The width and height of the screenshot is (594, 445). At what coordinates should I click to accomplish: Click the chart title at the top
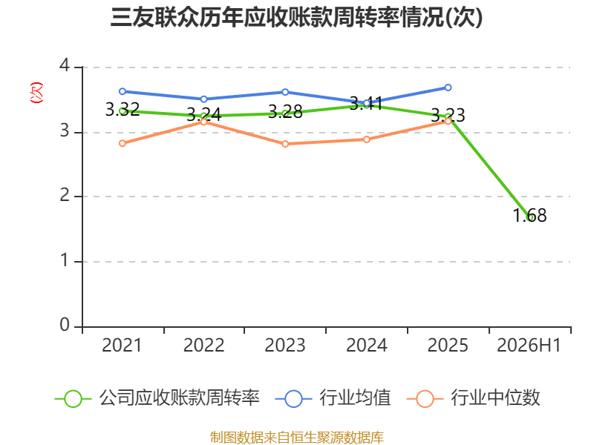pyautogui.click(x=296, y=17)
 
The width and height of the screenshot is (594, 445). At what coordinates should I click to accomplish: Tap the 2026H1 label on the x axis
pyautogui.click(x=529, y=346)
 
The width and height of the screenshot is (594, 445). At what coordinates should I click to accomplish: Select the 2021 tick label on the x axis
pyautogui.click(x=122, y=346)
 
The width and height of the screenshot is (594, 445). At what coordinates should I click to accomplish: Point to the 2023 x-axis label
pyautogui.click(x=285, y=346)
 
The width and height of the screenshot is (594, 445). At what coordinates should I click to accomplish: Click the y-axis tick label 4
pyautogui.click(x=65, y=65)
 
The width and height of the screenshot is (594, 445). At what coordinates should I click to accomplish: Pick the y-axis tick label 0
pyautogui.click(x=65, y=325)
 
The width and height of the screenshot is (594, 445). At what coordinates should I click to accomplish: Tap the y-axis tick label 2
pyautogui.click(x=65, y=195)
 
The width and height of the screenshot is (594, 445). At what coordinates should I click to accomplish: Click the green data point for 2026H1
pyautogui.click(x=530, y=217)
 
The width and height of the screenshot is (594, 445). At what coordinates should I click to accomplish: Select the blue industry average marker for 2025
pyautogui.click(x=448, y=88)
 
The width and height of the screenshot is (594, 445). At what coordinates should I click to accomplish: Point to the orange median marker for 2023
pyautogui.click(x=285, y=144)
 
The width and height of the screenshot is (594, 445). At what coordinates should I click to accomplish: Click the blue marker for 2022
pyautogui.click(x=203, y=99)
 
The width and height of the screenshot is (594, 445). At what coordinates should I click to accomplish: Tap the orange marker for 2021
pyautogui.click(x=123, y=143)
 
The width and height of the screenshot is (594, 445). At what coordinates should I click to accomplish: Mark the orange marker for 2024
pyautogui.click(x=366, y=139)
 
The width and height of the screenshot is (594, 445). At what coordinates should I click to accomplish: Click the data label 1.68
pyautogui.click(x=529, y=215)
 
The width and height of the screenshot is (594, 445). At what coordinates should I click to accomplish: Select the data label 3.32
pyautogui.click(x=123, y=109)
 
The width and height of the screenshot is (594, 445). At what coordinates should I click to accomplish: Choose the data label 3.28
pyautogui.click(x=285, y=112)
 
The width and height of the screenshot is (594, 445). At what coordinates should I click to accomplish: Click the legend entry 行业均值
pyautogui.click(x=333, y=398)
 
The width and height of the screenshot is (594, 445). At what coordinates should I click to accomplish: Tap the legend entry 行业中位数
pyautogui.click(x=474, y=398)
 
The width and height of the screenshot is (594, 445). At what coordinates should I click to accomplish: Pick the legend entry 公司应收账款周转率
pyautogui.click(x=157, y=398)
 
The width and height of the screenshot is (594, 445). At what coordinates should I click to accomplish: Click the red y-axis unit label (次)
pyautogui.click(x=36, y=93)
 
